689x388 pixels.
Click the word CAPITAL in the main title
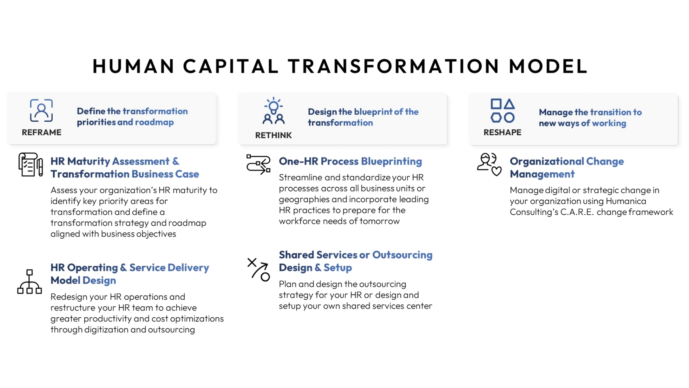[x=231, y=66]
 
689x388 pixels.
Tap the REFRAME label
[x=41, y=132]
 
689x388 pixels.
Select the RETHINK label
[x=273, y=135]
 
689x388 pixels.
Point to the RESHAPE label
[x=502, y=132]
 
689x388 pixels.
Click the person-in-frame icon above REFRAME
[x=41, y=110]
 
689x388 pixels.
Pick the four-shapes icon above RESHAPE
[x=502, y=110]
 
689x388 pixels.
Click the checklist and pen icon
[x=30, y=164]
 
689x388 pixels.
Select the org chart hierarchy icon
[x=29, y=281]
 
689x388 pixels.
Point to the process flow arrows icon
[x=258, y=164]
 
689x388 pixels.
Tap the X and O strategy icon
[x=258, y=269]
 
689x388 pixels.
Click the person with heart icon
[x=489, y=164]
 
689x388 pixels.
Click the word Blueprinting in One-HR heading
[x=391, y=161]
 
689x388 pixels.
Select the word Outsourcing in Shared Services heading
[x=402, y=255]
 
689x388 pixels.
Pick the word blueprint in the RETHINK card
[x=373, y=112]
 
